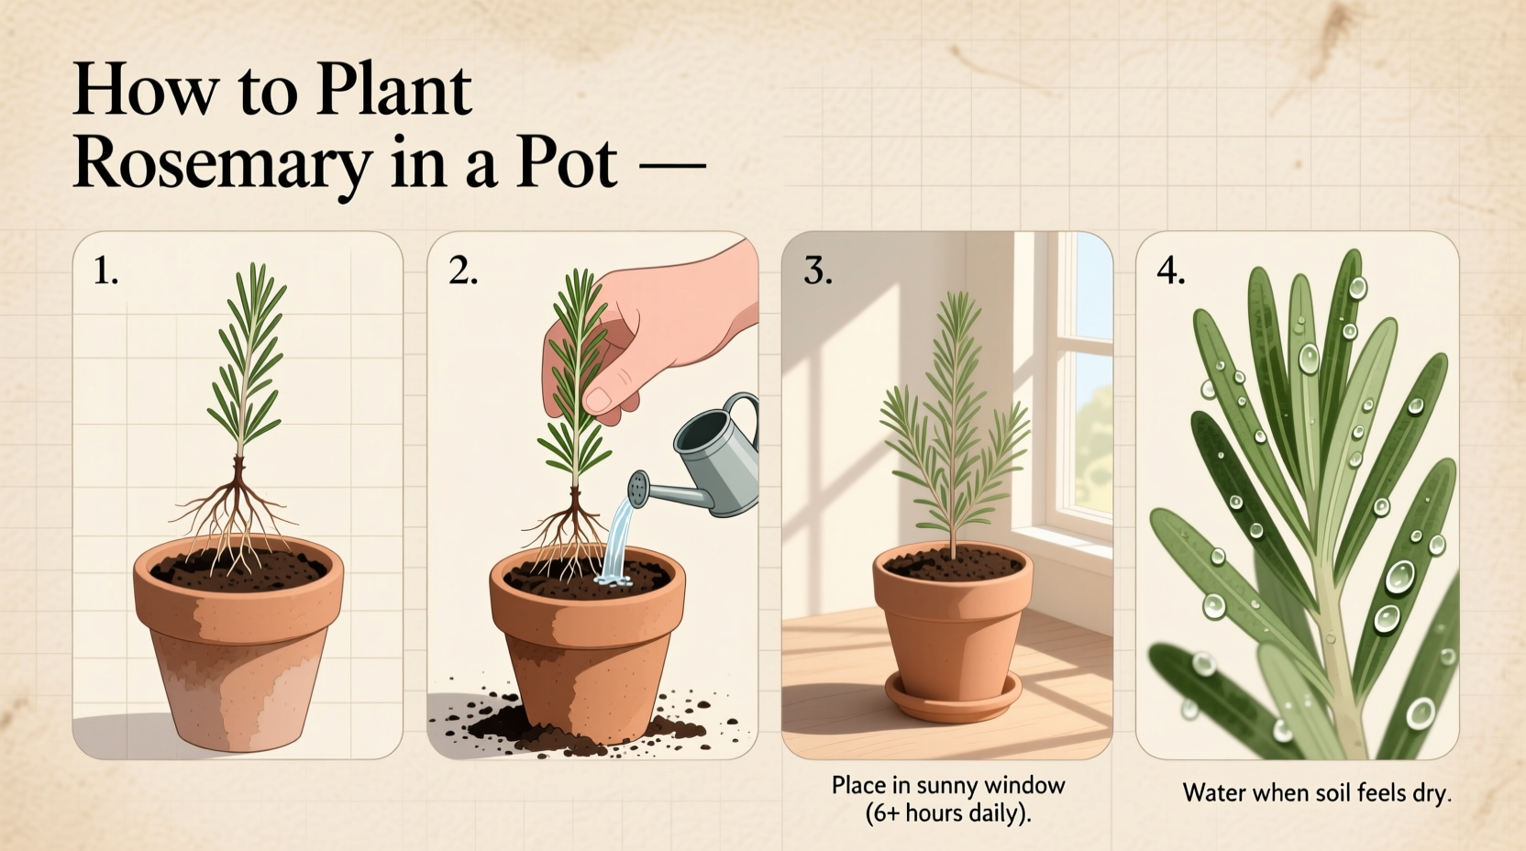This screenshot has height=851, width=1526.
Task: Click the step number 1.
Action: tap(105, 271)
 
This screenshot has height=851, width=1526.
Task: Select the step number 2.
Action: tap(462, 271)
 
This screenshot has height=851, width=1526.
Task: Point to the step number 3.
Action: tap(817, 271)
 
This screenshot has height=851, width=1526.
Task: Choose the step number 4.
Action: tap(1170, 271)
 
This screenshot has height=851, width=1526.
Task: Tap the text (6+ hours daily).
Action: tap(948, 813)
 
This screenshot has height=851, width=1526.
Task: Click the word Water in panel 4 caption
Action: tap(1211, 793)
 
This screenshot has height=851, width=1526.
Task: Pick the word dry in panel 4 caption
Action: tap(1432, 793)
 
